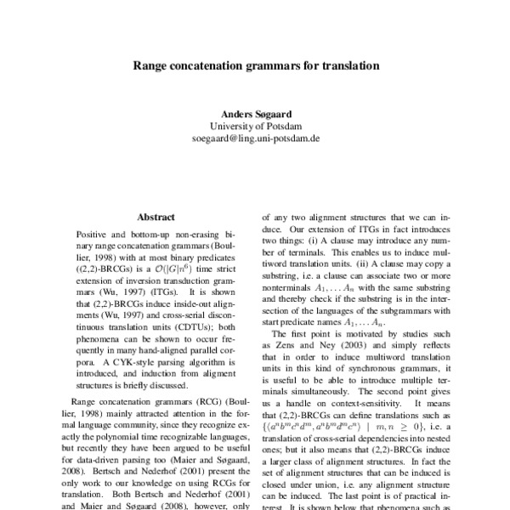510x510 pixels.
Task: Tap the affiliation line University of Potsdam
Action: (255, 125)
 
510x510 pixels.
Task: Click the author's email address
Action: (255, 137)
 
